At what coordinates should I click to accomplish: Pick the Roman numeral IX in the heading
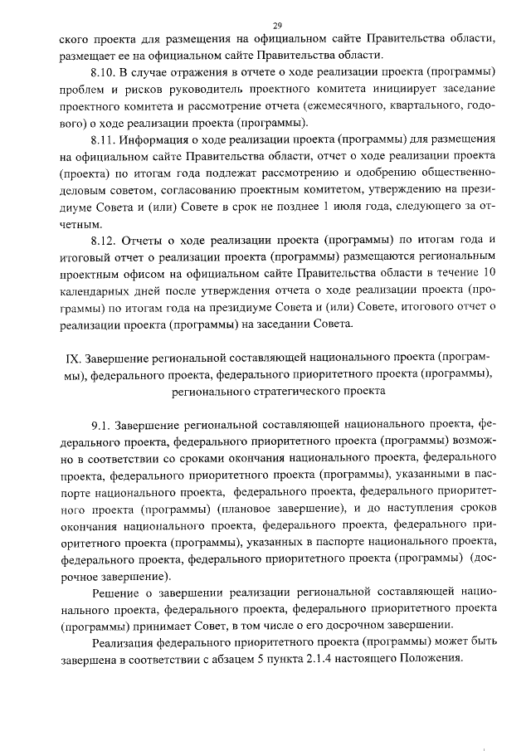71,358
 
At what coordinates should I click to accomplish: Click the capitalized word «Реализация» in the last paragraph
127,641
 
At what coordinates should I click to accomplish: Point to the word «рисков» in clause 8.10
136,90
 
